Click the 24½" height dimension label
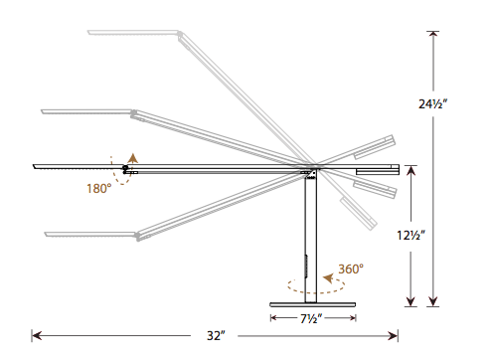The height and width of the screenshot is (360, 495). (432, 104)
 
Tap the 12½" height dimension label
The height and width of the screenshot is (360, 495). (411, 236)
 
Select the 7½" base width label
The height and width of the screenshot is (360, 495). (311, 319)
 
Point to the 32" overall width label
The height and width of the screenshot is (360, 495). (216, 336)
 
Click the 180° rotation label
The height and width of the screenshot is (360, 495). (98, 189)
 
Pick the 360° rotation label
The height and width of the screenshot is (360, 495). (351, 269)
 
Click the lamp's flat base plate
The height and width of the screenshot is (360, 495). (313, 304)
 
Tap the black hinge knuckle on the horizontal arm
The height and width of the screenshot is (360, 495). (125, 168)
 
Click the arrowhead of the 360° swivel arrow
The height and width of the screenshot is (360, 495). (328, 278)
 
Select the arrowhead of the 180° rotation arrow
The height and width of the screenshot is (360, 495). (133, 158)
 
